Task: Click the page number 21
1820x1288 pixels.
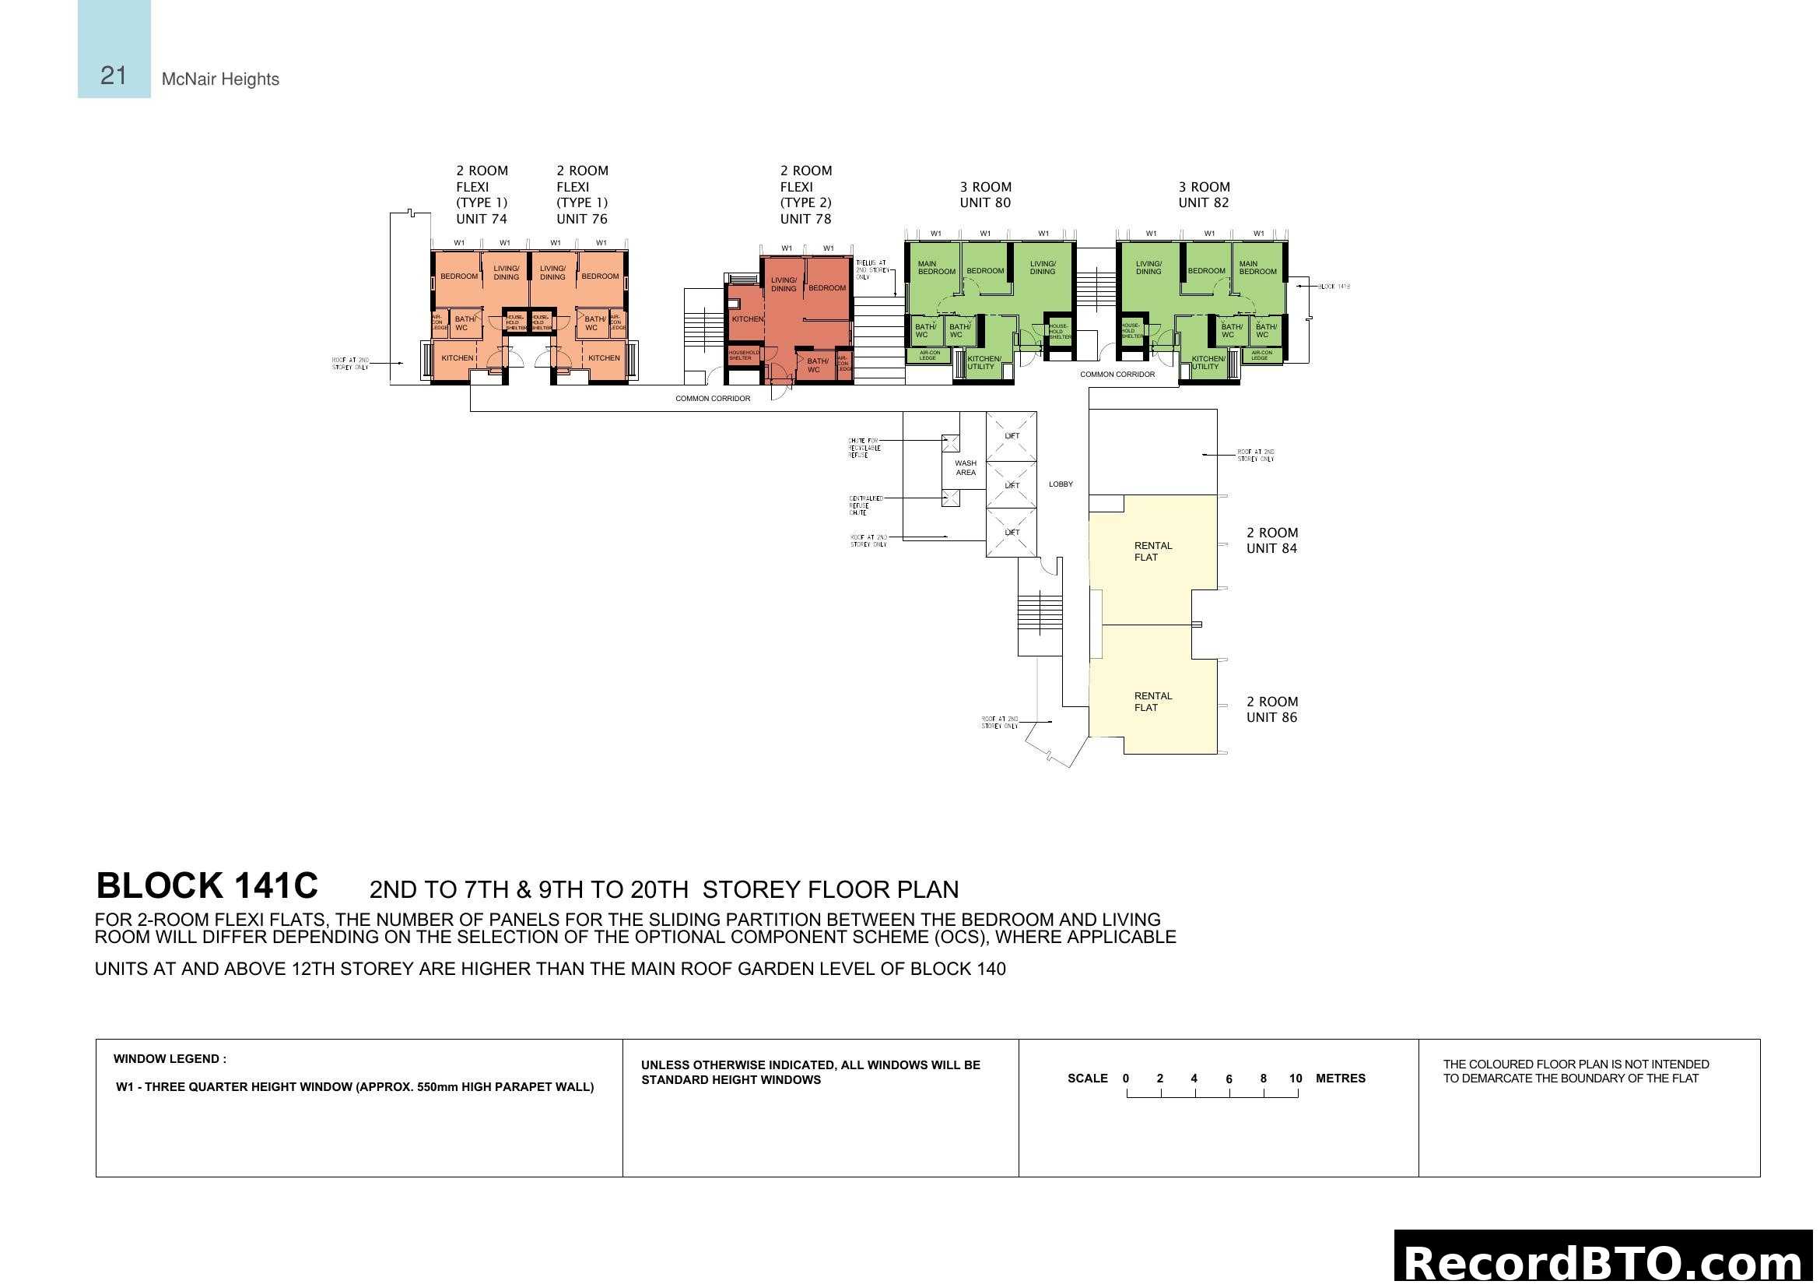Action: point(113,76)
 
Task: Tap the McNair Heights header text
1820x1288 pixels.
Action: point(219,79)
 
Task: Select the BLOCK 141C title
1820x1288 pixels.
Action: point(206,886)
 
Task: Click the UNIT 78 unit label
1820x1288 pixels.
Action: point(805,219)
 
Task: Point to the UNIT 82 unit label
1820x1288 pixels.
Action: point(1202,203)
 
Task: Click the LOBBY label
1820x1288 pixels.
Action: point(1060,484)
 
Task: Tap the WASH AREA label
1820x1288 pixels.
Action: point(965,468)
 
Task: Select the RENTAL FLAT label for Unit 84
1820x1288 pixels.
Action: point(1152,551)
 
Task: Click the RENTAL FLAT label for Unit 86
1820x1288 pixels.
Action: point(1152,702)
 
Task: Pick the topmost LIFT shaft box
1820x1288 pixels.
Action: point(1011,436)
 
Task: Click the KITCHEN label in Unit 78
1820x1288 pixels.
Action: point(747,318)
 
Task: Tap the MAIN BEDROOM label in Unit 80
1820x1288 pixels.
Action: point(935,267)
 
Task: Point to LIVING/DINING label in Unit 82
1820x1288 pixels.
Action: point(1148,267)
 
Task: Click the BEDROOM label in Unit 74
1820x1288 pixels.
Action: point(459,276)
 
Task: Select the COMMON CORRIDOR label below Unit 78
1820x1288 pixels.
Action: point(712,399)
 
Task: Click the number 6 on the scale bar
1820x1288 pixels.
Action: point(1228,1079)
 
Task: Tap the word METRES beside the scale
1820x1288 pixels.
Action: point(1340,1079)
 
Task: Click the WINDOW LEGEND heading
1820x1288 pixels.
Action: point(170,1059)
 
